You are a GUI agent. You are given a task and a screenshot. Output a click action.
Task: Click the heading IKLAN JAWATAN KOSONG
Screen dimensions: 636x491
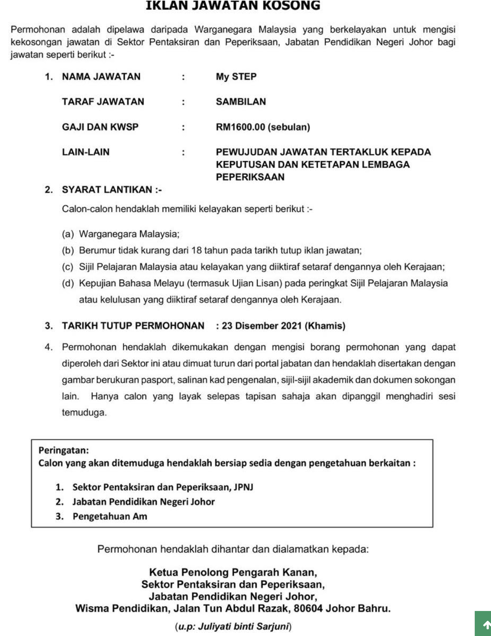[233, 6]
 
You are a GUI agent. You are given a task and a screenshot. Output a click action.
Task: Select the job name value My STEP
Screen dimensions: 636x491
[236, 77]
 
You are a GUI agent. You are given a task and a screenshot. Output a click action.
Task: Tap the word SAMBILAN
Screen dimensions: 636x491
[241, 102]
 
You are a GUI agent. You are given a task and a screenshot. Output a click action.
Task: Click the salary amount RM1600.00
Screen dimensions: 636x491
[240, 127]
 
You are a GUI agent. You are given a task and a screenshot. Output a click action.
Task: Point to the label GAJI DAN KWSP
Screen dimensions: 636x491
[100, 127]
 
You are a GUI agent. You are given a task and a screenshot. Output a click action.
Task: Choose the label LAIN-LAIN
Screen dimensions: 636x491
[86, 152]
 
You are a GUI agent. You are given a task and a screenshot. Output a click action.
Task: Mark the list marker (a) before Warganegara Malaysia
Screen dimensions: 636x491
[68, 234]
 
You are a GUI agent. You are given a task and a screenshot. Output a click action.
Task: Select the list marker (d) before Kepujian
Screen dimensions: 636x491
[68, 283]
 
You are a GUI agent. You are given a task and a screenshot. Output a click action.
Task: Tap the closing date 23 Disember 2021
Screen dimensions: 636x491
[262, 326]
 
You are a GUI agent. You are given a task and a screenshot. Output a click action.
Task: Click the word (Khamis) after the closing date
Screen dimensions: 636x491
[325, 326]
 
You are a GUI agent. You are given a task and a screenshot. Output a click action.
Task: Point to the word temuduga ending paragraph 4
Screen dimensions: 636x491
[84, 413]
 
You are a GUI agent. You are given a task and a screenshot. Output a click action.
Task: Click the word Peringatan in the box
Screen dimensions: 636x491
[63, 450]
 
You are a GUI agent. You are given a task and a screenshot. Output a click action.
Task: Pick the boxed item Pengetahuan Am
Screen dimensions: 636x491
[110, 516]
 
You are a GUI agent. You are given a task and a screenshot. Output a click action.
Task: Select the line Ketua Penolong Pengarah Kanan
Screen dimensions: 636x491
[233, 572]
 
